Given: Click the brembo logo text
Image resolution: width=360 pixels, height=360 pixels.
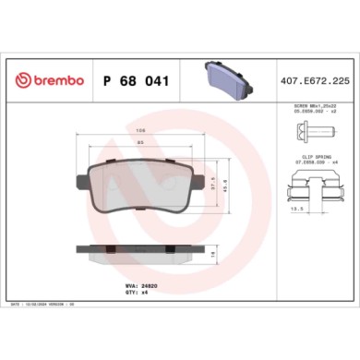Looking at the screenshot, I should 57,81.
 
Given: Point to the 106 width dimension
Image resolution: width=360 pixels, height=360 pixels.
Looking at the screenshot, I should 139,130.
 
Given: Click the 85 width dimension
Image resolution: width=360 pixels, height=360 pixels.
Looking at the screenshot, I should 139,143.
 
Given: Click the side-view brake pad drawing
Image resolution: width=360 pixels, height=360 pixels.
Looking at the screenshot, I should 139,251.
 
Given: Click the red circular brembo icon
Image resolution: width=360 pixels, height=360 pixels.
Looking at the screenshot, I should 24,81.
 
